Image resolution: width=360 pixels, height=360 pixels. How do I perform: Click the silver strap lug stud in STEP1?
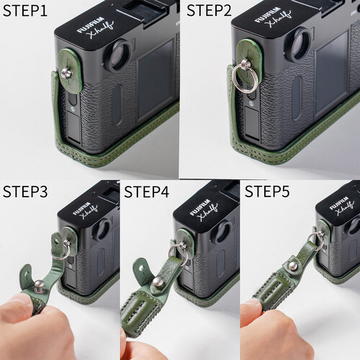[68, 72]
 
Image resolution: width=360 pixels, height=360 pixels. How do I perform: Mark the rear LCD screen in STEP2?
[331, 72]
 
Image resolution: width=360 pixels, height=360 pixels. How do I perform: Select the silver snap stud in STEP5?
[292, 266]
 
